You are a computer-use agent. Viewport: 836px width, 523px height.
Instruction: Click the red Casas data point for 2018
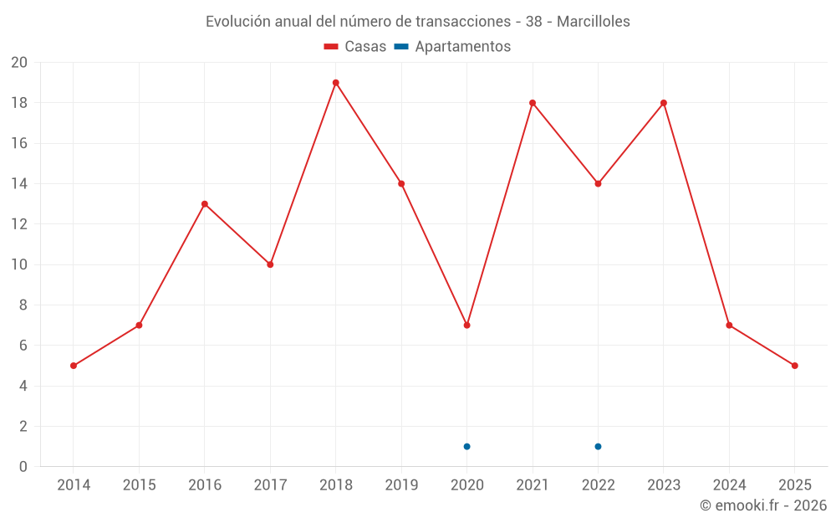point(335,83)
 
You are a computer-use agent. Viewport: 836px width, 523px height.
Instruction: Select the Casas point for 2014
point(74,366)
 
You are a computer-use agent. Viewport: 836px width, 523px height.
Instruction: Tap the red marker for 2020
point(466,325)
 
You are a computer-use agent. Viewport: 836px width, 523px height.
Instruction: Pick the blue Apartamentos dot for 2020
point(466,446)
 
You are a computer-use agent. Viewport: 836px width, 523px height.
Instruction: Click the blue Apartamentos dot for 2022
point(598,446)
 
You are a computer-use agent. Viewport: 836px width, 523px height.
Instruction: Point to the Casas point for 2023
point(664,103)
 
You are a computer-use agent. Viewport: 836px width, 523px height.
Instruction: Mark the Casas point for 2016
point(205,204)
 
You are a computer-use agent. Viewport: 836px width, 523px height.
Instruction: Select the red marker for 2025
point(794,366)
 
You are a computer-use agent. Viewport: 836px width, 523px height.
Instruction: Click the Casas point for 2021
point(533,103)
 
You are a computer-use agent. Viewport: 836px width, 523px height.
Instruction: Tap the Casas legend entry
point(355,47)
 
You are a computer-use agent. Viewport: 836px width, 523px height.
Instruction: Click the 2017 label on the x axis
point(270,485)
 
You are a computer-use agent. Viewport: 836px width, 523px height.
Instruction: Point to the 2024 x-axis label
point(729,485)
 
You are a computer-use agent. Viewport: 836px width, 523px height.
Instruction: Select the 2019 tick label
point(401,485)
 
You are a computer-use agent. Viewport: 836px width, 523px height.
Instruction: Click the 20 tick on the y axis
point(18,63)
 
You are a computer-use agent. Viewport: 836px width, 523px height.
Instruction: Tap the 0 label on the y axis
point(23,467)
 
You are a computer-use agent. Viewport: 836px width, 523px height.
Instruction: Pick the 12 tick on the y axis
point(18,224)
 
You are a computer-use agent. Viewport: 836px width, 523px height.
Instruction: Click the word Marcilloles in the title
point(593,22)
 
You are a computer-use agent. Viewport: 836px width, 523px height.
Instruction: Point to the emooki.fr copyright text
point(763,505)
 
